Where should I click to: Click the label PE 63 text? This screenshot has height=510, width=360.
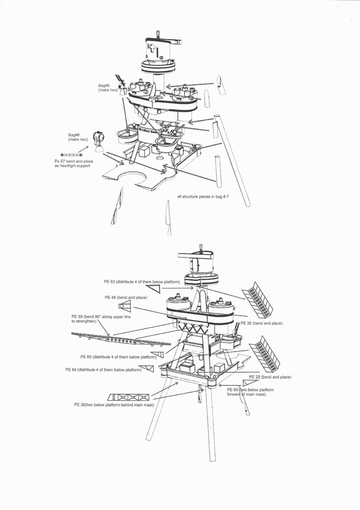coord(141,282)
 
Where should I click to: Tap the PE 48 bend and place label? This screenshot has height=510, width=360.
coord(126,298)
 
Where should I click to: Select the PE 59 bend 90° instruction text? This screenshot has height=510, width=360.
coord(101,319)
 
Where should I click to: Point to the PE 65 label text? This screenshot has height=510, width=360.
coord(118,357)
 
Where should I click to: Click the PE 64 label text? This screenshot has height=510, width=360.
coord(103,370)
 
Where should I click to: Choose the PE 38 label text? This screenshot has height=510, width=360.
coord(114,405)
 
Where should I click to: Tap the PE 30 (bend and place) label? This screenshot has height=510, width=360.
coord(262,323)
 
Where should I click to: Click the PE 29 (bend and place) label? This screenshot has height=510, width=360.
coord(270,377)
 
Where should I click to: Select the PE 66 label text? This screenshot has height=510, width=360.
coord(251,392)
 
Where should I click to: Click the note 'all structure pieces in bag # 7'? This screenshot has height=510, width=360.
coord(203,197)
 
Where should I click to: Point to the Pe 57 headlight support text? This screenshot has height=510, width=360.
coord(74,164)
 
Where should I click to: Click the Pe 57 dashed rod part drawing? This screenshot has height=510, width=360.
coord(71,155)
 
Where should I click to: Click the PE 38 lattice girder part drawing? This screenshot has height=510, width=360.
coord(128,397)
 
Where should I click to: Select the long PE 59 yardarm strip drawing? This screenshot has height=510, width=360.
coord(121,339)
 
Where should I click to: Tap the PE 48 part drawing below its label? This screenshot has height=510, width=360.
coord(124,306)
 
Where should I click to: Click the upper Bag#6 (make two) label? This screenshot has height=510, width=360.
coord(108,88)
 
